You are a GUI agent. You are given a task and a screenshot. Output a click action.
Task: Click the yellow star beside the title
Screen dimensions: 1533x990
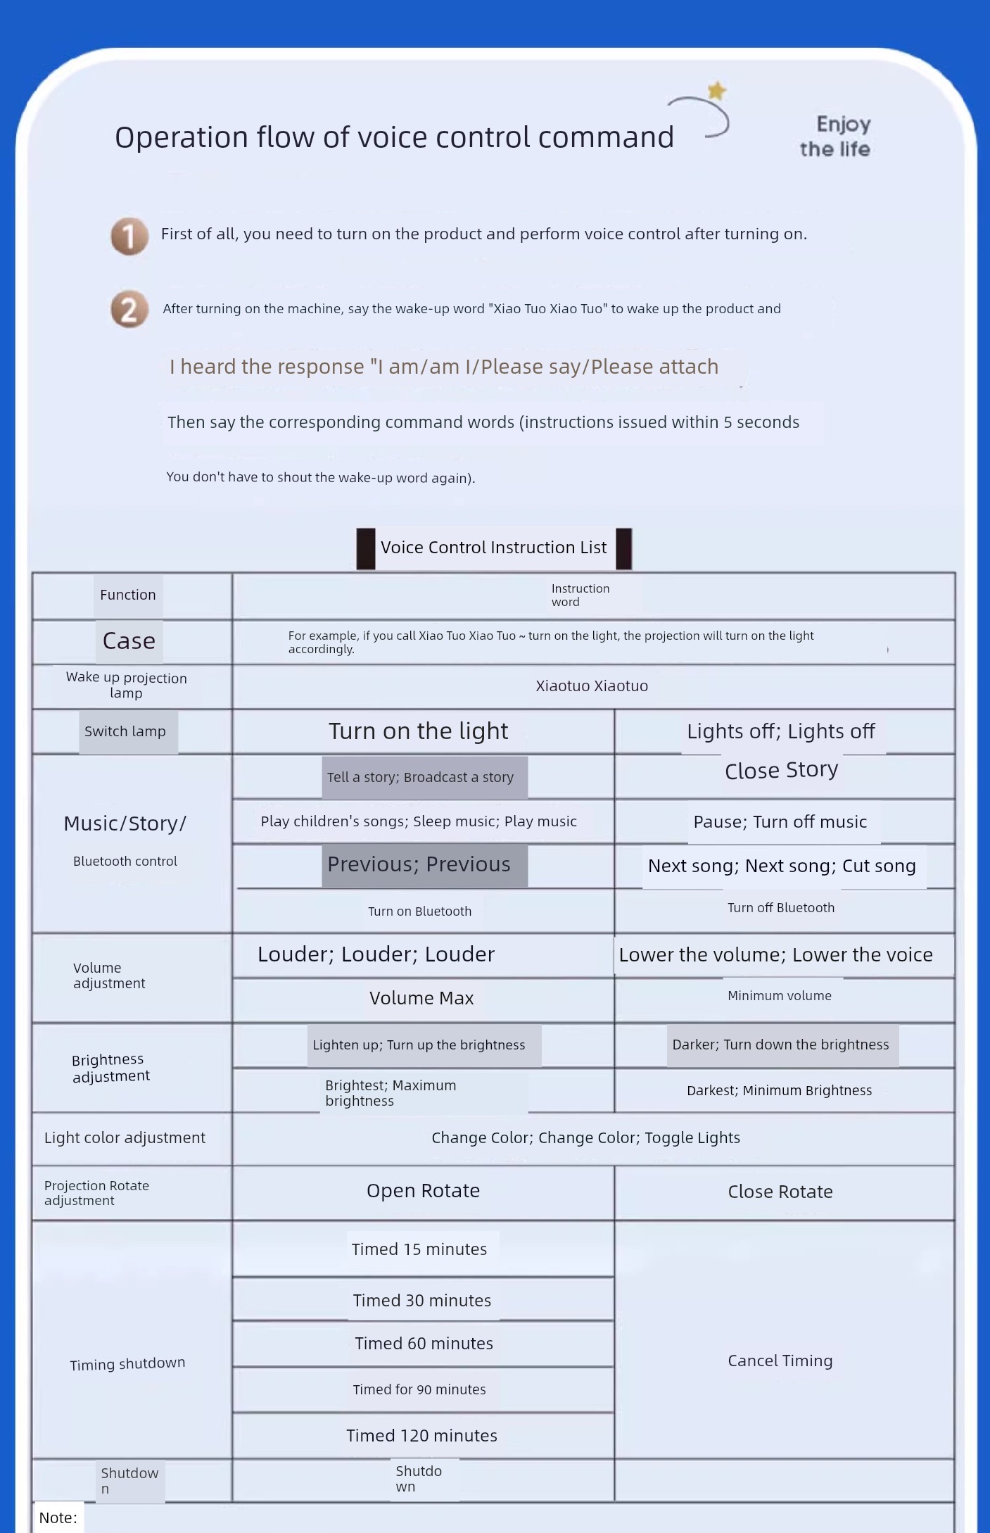716,91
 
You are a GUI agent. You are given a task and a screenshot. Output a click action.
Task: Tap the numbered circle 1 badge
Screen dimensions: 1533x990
129,236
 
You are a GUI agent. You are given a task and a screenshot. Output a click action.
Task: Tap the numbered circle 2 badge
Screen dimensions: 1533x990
129,310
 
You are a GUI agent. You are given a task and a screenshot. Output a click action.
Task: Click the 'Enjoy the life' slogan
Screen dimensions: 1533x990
835,137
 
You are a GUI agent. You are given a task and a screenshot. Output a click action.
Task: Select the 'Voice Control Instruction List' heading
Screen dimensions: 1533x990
493,548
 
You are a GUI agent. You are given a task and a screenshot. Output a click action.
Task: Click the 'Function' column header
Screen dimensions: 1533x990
128,595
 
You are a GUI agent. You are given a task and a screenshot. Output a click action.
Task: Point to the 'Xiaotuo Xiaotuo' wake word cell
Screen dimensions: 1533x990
592,686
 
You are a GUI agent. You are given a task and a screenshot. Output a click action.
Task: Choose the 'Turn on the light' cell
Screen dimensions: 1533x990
419,731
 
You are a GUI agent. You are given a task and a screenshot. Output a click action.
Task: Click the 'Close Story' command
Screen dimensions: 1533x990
781,770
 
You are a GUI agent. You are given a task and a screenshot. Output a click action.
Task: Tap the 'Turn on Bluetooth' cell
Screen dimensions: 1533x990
420,911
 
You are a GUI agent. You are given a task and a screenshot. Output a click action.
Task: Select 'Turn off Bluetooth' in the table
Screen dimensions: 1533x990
781,908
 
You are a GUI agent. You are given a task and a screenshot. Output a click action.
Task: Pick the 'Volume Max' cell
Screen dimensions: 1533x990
421,998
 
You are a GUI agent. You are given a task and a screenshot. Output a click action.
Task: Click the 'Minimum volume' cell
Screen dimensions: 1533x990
780,996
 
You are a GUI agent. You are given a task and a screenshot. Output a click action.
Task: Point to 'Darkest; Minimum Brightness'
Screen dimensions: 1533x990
780,1090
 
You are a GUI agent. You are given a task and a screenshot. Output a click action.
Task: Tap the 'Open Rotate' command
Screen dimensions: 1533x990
423,1191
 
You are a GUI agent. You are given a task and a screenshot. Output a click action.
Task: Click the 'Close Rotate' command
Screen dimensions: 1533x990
780,1192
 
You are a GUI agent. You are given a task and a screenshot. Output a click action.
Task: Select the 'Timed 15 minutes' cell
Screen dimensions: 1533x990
419,1249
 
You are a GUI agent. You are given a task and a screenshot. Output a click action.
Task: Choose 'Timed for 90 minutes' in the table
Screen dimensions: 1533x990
419,1389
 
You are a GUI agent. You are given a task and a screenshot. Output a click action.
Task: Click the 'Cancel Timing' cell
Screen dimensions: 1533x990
780,1361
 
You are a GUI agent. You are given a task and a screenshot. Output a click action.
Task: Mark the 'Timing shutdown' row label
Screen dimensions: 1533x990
127,1364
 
